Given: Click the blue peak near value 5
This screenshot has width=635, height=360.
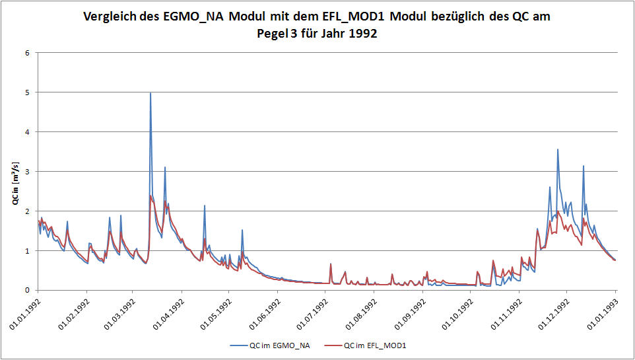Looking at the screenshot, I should click(150, 93).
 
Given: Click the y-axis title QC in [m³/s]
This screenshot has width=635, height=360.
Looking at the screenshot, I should click(15, 182).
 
